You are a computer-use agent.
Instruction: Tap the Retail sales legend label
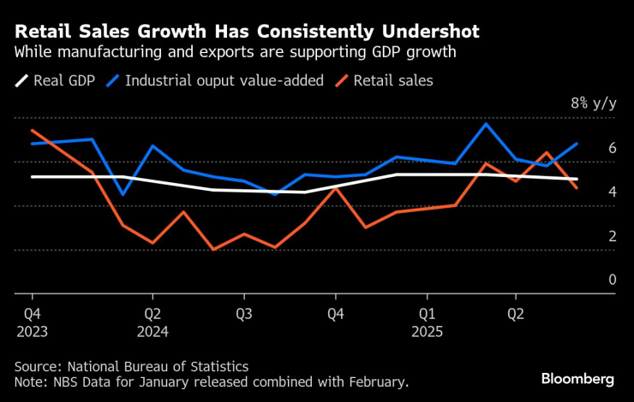(x=393, y=81)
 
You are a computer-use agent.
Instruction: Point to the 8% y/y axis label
(x=593, y=103)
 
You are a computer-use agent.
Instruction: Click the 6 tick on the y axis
(x=612, y=148)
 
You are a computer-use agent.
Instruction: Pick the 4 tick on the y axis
(x=612, y=192)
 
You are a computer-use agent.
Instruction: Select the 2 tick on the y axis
(x=612, y=236)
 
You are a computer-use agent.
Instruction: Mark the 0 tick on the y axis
(x=612, y=280)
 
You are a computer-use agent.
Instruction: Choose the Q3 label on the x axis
(x=243, y=312)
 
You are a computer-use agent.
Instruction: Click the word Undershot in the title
(x=429, y=32)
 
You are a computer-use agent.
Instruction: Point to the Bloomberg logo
(x=577, y=378)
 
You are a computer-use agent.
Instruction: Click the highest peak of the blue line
(x=487, y=124)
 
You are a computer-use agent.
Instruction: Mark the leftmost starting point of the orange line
(x=32, y=130)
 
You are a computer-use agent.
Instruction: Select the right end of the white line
(x=577, y=179)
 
